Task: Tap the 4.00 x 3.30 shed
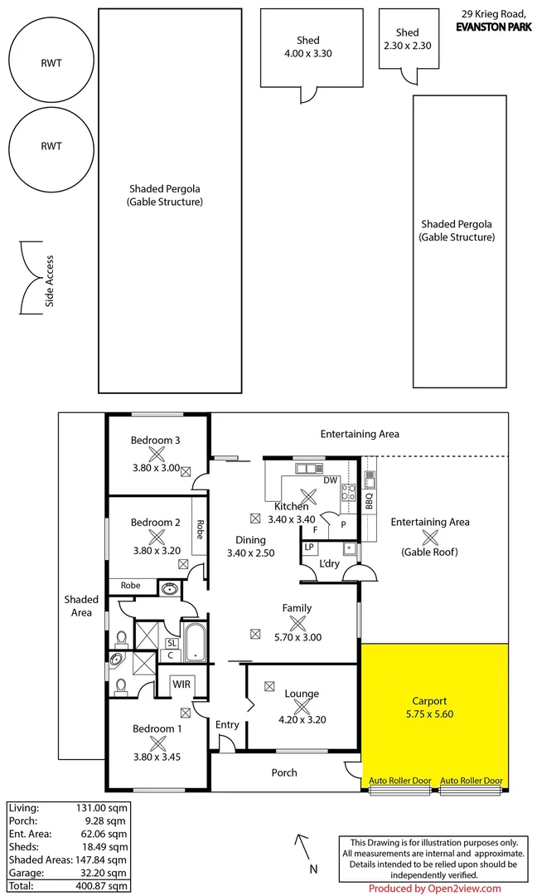click(x=312, y=47)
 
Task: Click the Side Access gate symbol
click(x=31, y=280)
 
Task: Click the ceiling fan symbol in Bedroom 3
click(x=156, y=454)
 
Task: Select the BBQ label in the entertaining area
click(x=370, y=499)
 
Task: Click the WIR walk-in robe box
click(x=181, y=685)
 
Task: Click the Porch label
click(x=284, y=772)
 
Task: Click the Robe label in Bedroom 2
click(x=200, y=529)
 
